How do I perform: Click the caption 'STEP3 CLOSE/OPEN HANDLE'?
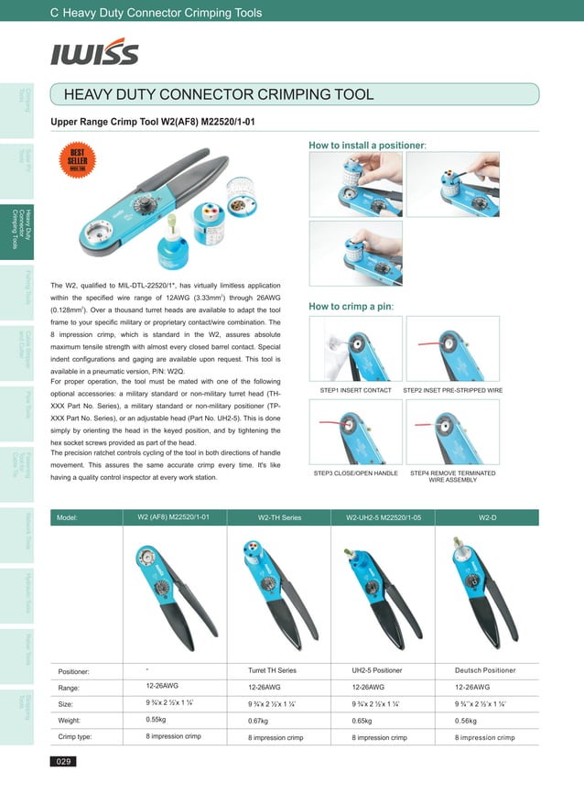point(355,473)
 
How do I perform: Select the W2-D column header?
point(488,517)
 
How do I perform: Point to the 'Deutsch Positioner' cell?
point(485,671)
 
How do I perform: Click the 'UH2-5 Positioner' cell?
point(376,671)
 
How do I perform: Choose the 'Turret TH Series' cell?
point(273,671)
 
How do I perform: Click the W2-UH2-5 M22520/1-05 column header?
point(384,517)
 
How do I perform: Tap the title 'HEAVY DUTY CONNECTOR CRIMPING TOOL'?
point(218,94)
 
